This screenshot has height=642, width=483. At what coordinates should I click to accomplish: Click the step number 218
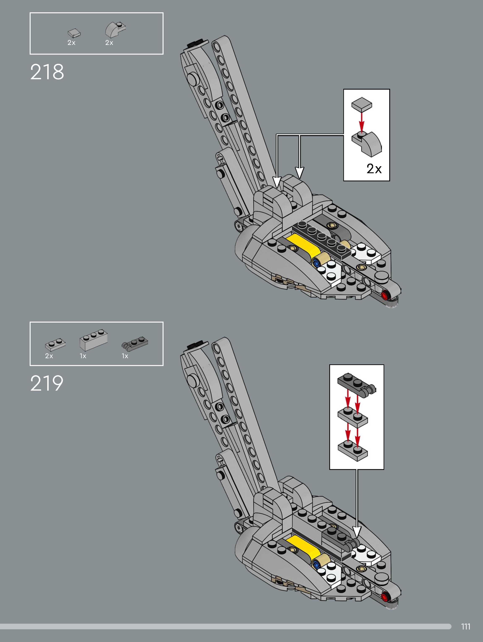point(47,72)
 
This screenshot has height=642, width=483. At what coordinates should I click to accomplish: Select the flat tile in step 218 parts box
point(74,33)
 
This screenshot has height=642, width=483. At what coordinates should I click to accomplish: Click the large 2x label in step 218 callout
point(374,169)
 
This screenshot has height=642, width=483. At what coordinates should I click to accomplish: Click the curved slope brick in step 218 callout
point(367,144)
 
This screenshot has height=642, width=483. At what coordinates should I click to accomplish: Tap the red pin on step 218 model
point(385,296)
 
